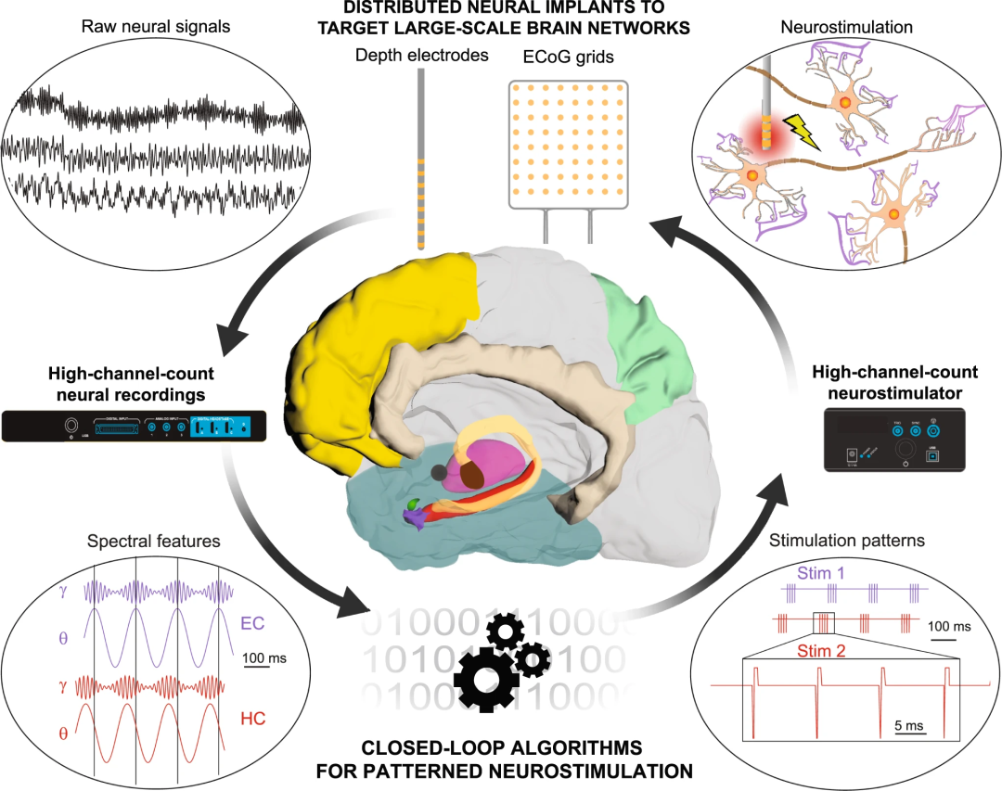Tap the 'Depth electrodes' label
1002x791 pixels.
(421, 56)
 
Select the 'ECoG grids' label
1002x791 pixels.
(569, 57)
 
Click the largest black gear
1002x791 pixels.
(487, 678)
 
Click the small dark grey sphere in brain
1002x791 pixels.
(438, 472)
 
